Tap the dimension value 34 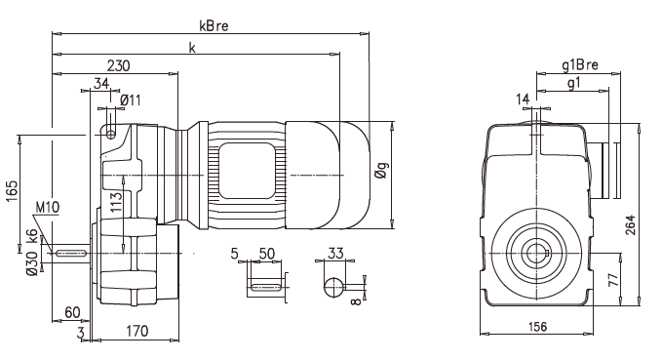coord(101,85)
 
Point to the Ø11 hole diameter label coord(132,100)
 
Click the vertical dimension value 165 coord(12,189)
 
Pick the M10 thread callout coord(47,208)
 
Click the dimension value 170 coord(137,332)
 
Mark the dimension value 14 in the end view coord(523,99)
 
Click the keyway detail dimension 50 coord(265,254)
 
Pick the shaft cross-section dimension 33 coord(336,254)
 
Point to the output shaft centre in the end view coord(534,253)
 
